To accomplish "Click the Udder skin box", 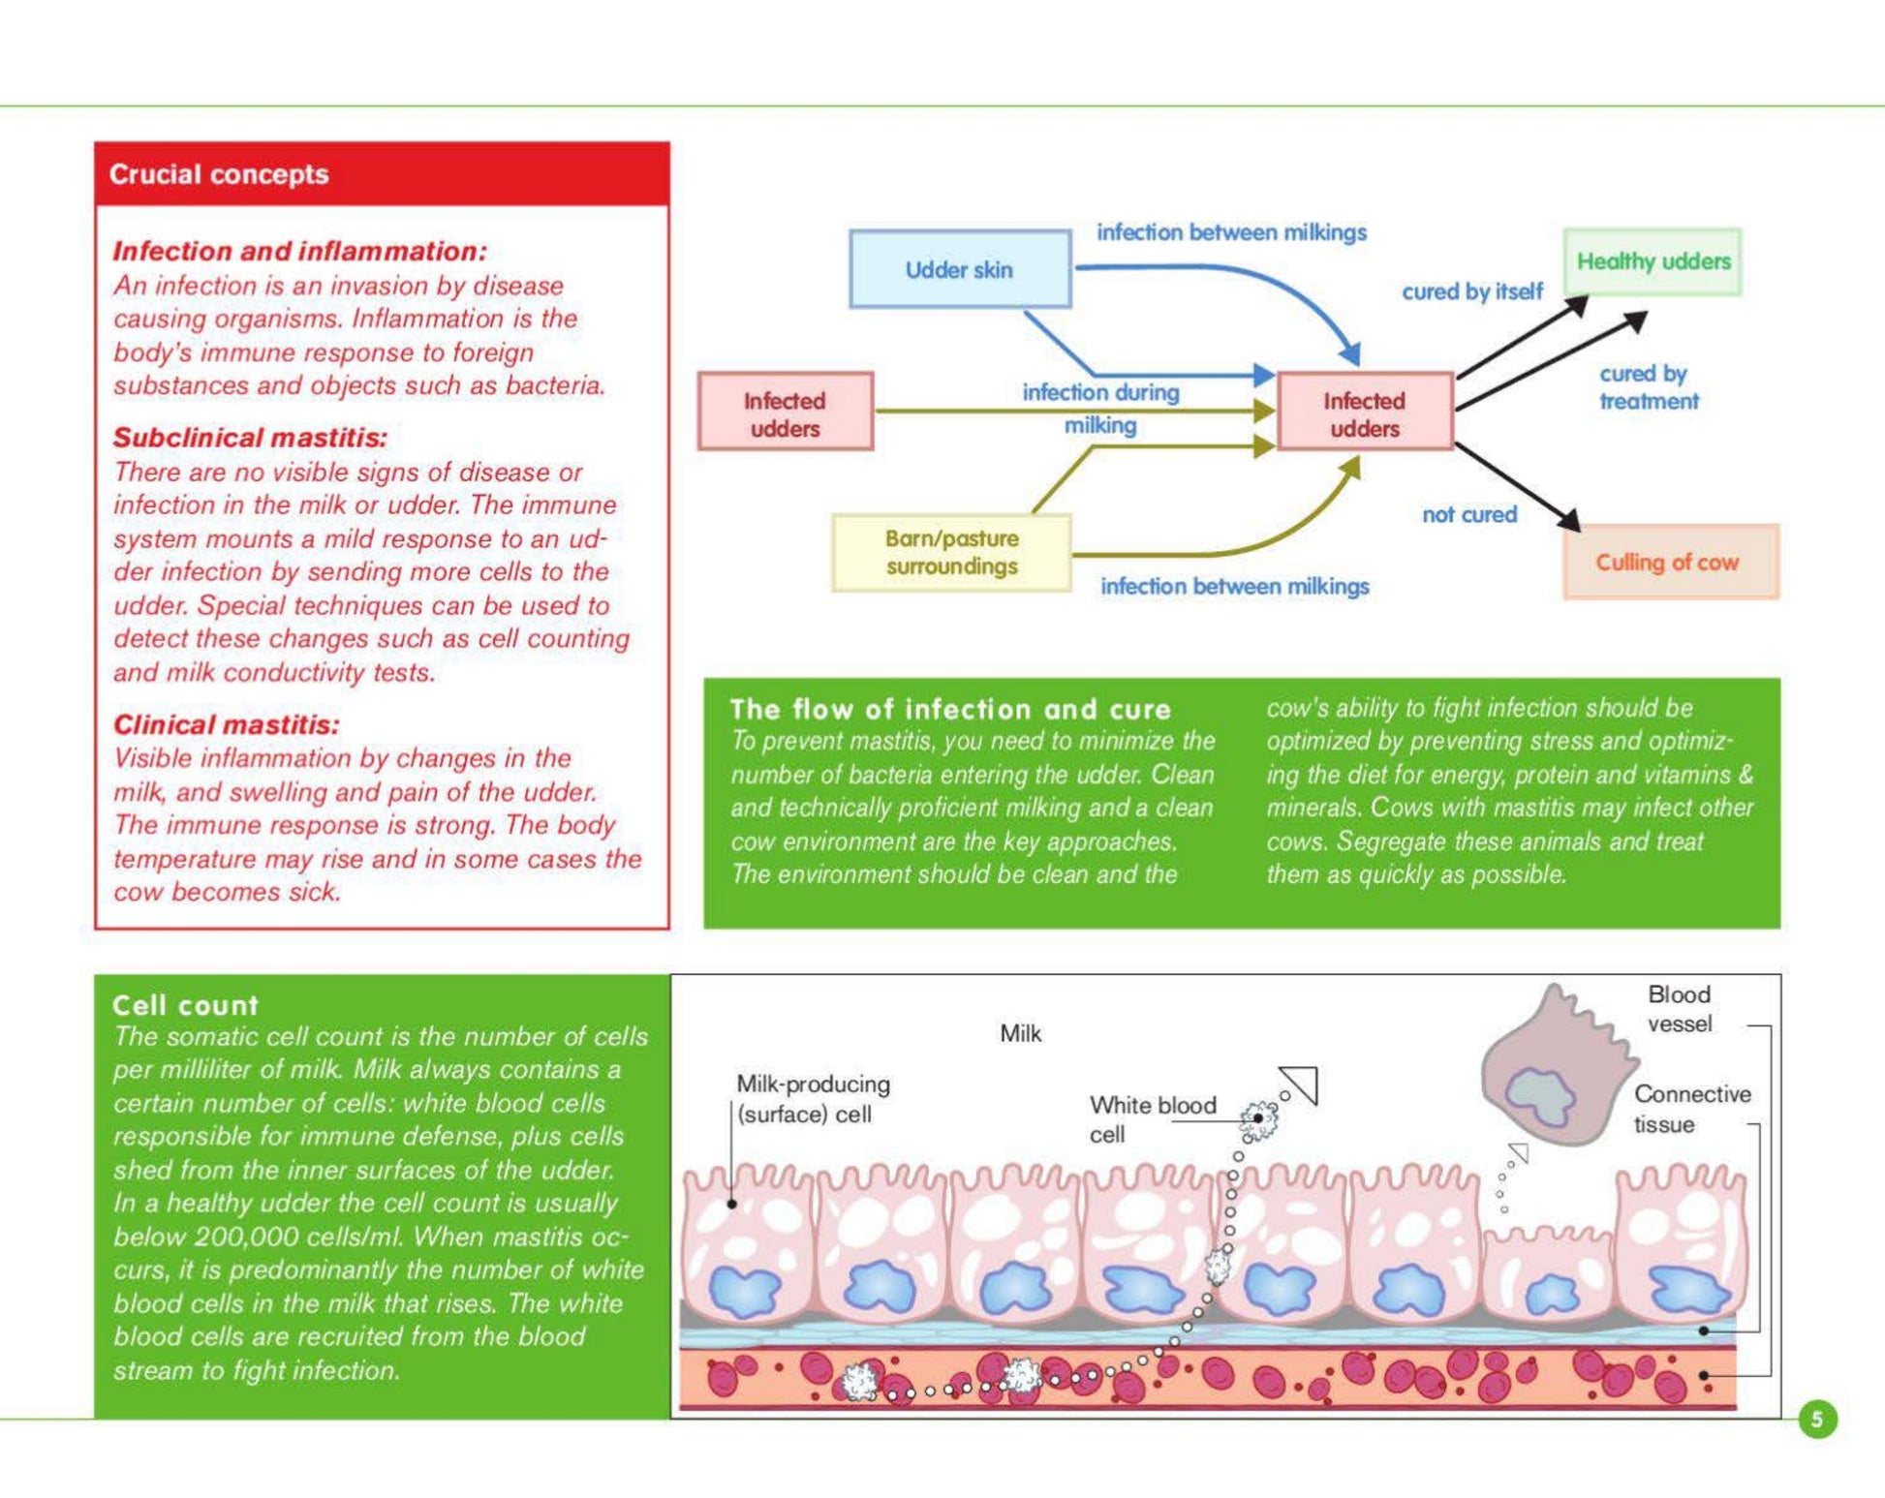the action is coord(960,269).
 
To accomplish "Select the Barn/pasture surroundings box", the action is coord(952,552).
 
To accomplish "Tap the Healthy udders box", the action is coord(1653,261).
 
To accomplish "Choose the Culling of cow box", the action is coord(1671,562).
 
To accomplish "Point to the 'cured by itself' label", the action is coord(1472,291).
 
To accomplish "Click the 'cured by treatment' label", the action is coord(1649,387).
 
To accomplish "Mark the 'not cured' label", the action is coord(1469,514).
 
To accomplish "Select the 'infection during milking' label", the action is coord(1101,409).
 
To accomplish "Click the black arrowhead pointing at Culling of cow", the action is coord(1569,519).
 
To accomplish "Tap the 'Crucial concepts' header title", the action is coord(219,174).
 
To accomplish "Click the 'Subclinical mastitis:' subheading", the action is coord(250,438).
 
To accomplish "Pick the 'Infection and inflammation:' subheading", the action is coord(299,251).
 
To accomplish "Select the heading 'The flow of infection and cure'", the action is coord(950,709).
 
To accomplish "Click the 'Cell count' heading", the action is coord(185,1005).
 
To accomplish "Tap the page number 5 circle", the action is coord(1817,1420).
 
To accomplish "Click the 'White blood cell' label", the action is coord(1153,1119).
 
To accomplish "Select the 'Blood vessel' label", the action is coord(1680,1009).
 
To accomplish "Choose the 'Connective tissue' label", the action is coord(1692,1109).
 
